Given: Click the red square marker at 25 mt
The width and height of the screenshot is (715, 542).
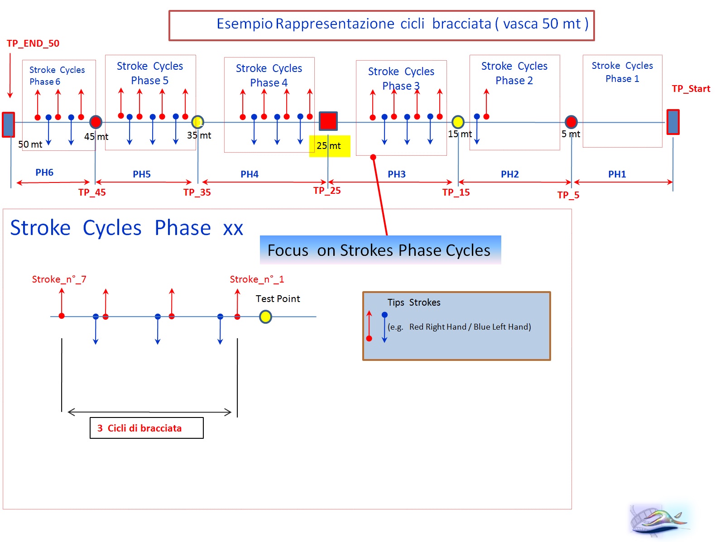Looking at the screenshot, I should (328, 121).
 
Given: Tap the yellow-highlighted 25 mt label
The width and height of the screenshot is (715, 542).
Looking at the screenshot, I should (329, 146).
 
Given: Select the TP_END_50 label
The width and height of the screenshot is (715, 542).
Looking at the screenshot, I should (33, 43).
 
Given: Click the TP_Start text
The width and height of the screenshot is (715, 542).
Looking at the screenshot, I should (691, 89).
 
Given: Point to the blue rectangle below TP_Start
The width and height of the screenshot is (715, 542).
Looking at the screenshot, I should (673, 122).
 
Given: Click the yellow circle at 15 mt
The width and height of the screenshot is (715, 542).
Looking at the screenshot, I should (458, 122).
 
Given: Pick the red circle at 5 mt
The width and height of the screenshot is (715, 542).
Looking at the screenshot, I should (571, 122).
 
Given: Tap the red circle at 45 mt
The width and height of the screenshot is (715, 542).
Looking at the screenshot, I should (96, 122).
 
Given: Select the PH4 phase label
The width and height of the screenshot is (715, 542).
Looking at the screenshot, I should (249, 174).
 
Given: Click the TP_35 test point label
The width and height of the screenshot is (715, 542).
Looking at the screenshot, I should (197, 192).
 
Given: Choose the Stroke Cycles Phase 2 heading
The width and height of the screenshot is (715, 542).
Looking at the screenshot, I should (514, 73).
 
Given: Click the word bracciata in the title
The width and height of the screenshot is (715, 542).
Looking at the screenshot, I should (461, 24).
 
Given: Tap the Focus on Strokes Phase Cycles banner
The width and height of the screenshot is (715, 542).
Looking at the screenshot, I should (380, 250).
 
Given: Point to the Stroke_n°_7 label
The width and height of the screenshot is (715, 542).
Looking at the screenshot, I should (59, 279).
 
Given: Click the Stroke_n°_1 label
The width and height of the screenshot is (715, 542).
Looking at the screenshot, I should (257, 279).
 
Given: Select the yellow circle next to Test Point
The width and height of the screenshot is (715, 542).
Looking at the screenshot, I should (265, 317).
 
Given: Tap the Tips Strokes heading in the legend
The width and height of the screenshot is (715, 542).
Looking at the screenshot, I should (413, 302).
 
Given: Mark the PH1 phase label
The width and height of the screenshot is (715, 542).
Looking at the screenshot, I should (617, 174).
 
